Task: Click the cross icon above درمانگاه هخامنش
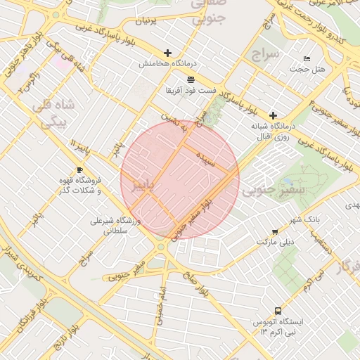click(x=167, y=53)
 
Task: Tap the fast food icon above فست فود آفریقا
click(x=191, y=79)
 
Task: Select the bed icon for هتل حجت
click(x=306, y=58)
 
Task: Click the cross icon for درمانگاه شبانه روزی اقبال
click(x=273, y=115)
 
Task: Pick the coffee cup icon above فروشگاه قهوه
click(x=79, y=170)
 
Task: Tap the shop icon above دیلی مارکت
click(x=274, y=231)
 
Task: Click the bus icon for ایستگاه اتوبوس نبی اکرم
click(x=278, y=310)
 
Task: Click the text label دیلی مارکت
click(x=274, y=242)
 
